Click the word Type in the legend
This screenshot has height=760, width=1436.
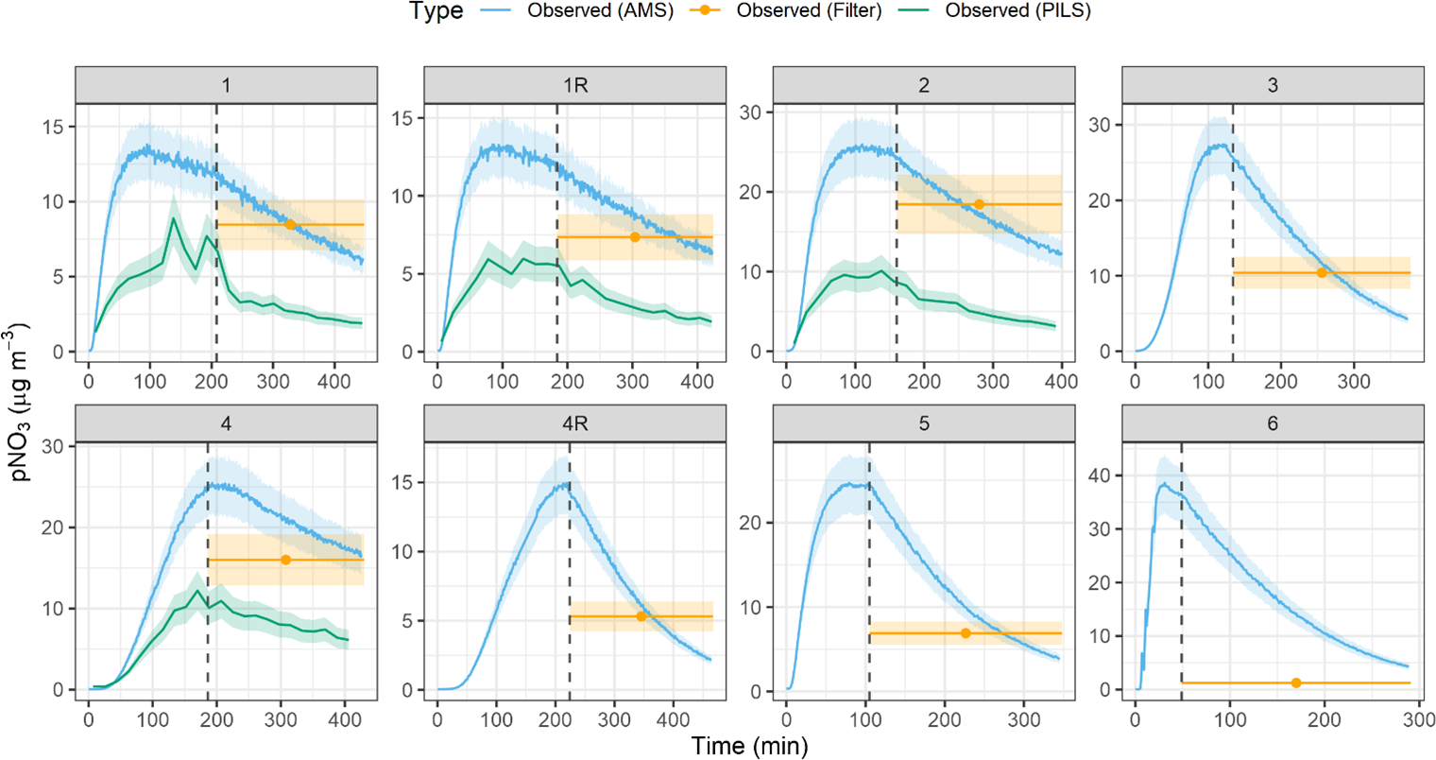coord(436,11)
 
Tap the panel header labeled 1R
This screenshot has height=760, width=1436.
coord(575,85)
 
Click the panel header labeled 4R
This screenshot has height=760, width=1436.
coord(575,423)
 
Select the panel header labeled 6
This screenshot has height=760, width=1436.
coord(1273,423)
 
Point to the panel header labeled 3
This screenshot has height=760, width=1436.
coord(1273,85)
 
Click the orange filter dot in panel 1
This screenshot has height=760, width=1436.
coord(290,225)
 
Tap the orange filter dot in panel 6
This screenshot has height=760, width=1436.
coord(1296,682)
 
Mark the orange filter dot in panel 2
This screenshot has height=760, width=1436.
coord(979,204)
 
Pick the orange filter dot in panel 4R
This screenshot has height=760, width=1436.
coord(641,616)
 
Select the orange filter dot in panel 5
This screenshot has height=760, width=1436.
coord(966,633)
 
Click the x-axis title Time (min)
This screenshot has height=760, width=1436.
coord(749,747)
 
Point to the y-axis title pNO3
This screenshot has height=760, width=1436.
coord(21,402)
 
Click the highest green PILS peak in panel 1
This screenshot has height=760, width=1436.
coord(173,218)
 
